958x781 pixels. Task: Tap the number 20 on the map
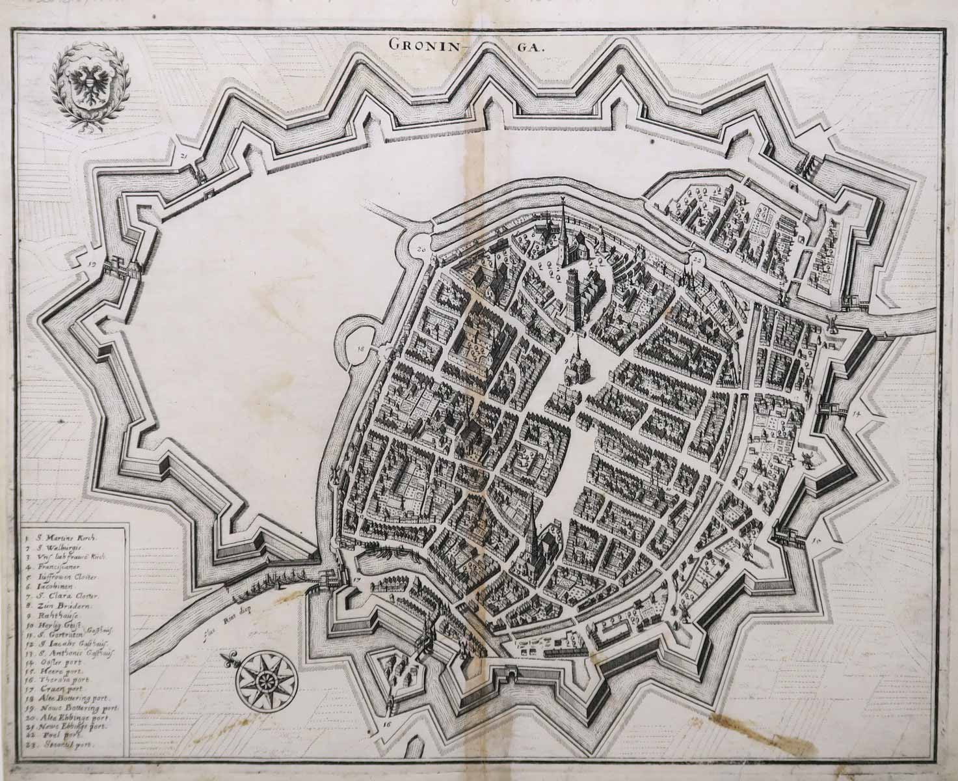[420, 249]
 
